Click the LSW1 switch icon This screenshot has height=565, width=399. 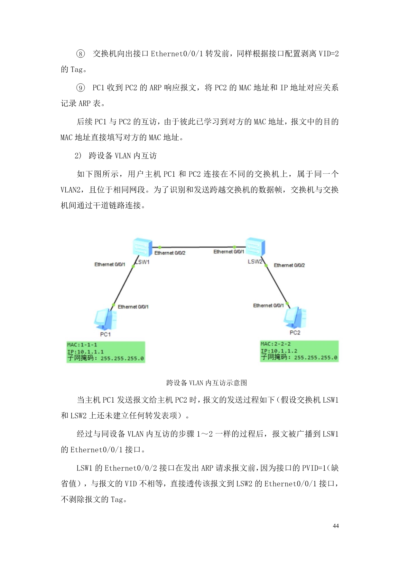(x=142, y=247)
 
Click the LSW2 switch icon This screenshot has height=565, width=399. (x=255, y=247)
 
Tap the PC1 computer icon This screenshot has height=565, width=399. (x=105, y=319)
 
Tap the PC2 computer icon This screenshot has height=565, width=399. (x=295, y=317)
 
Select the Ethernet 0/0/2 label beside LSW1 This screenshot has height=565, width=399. (x=170, y=253)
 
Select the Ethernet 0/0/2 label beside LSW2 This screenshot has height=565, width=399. (x=289, y=265)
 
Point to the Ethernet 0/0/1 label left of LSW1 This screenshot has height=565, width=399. (x=110, y=265)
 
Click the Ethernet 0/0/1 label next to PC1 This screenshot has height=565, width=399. (x=133, y=307)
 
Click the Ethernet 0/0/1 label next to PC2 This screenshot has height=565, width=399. (x=268, y=306)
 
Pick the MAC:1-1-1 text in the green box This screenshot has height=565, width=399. (x=82, y=345)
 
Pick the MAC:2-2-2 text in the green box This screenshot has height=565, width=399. (x=275, y=344)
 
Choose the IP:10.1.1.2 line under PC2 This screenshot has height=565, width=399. (x=279, y=351)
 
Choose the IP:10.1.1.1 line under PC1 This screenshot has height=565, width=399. (x=85, y=352)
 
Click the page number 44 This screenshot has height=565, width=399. (x=336, y=526)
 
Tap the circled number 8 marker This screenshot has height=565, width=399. (x=80, y=54)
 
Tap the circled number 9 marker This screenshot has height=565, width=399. (x=80, y=88)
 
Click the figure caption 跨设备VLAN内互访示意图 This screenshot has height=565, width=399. (x=207, y=383)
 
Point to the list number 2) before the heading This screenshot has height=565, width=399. (x=78, y=156)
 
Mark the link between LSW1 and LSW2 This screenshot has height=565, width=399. (x=197, y=248)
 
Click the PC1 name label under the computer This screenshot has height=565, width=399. (x=105, y=335)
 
